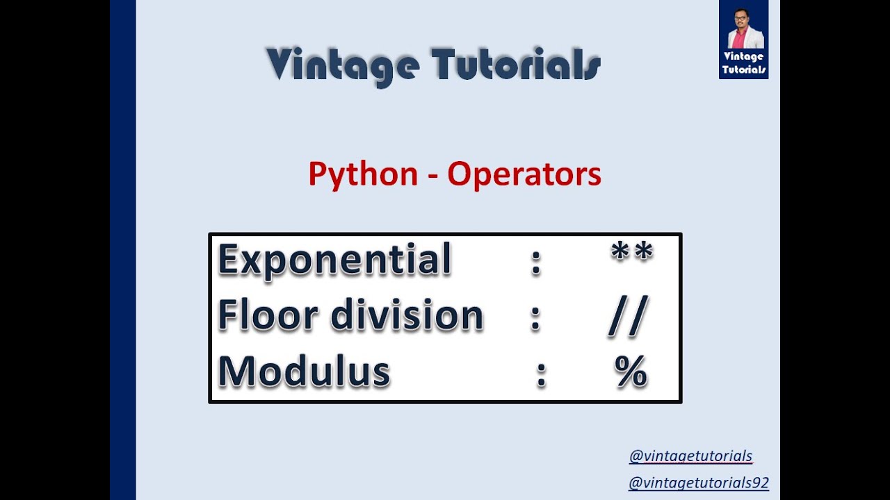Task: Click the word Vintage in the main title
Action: tap(342, 65)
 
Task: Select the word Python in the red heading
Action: tap(363, 174)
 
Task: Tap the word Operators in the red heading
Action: tap(524, 174)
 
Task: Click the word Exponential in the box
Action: tap(335, 260)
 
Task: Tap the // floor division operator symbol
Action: tap(628, 317)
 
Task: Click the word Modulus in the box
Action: tap(304, 371)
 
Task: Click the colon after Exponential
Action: tap(535, 262)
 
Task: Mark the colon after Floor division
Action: tap(535, 318)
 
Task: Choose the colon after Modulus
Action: tap(542, 374)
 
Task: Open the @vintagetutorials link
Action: tap(690, 456)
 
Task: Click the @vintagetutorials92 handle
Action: tap(698, 483)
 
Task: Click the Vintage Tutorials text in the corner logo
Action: tap(743, 63)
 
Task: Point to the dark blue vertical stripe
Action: tap(122, 250)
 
